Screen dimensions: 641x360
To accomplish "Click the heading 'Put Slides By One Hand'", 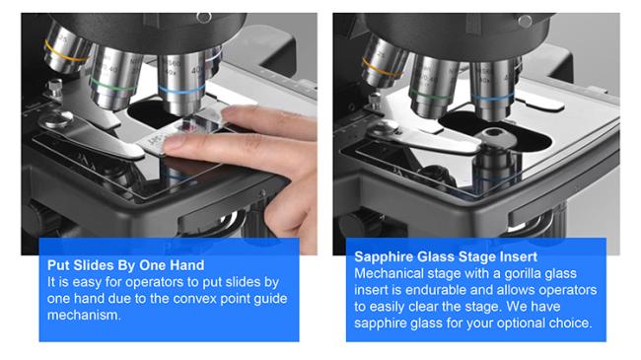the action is tap(126, 265).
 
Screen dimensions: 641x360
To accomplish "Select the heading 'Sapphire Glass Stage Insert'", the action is tap(446, 256).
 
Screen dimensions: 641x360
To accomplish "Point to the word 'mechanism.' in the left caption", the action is tap(84, 315).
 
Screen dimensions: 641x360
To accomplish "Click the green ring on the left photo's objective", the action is tap(110, 86).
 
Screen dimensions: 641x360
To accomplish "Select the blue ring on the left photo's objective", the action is tap(181, 90).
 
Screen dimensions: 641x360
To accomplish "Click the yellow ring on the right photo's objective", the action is tap(381, 69).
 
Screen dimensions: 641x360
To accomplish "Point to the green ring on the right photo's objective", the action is tap(431, 97).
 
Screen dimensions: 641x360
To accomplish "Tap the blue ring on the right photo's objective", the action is tap(492, 98).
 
